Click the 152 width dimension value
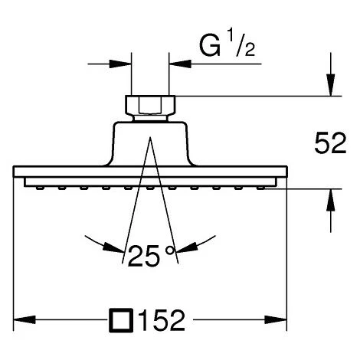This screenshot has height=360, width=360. point(163,320)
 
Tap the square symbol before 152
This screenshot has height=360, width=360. point(121,320)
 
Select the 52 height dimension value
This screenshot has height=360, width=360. point(330,143)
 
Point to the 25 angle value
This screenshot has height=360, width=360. point(143,256)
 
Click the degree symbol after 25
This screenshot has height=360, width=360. point(170,250)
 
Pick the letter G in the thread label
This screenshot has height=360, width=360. point(210,46)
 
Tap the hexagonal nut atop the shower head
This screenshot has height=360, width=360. point(150,105)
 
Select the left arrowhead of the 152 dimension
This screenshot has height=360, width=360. point(25,319)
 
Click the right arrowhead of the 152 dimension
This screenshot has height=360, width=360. point(276,319)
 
